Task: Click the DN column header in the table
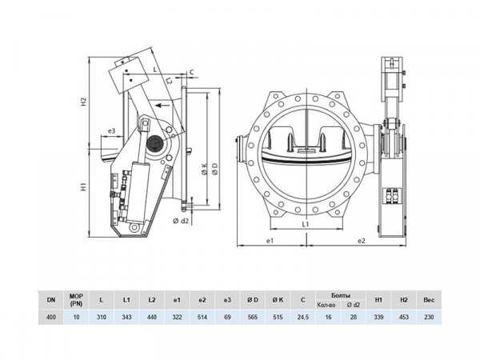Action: (51, 299)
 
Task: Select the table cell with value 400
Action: (51, 317)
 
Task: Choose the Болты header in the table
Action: (339, 294)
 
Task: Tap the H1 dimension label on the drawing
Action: (83, 188)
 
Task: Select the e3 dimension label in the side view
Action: (111, 131)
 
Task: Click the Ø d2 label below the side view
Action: (180, 222)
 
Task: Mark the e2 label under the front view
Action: (361, 239)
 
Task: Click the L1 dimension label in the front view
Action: (307, 226)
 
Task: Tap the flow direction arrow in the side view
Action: (162, 104)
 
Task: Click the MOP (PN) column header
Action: (76, 299)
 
